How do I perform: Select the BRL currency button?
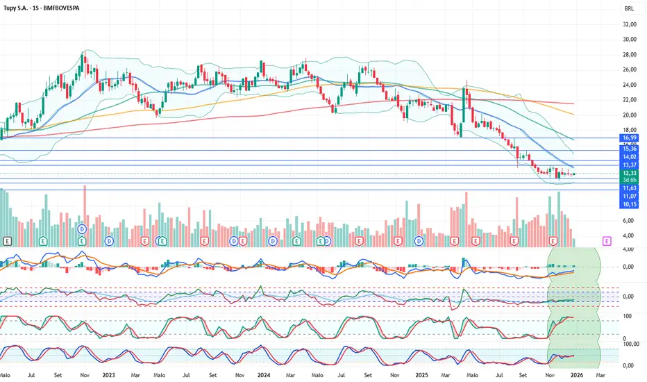pyautogui.click(x=629, y=9)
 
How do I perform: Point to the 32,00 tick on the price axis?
pyautogui.click(x=630, y=24)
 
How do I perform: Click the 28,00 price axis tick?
pyautogui.click(x=630, y=54)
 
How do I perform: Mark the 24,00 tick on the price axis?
pyautogui.click(x=630, y=85)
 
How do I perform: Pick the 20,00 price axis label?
pyautogui.click(x=630, y=115)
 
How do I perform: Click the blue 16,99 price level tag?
pyautogui.click(x=630, y=138)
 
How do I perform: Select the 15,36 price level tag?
pyautogui.click(x=630, y=149)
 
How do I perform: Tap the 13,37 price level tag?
pyautogui.click(x=630, y=165)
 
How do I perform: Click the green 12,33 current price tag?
pyautogui.click(x=630, y=173)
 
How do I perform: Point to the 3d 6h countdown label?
pyautogui.click(x=630, y=180)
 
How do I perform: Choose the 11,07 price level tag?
pyautogui.click(x=630, y=197)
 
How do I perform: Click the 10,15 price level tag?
pyautogui.click(x=630, y=205)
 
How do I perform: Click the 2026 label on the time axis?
pyautogui.click(x=576, y=374)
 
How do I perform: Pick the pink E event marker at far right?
pyautogui.click(x=607, y=240)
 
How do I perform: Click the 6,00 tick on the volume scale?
pyautogui.click(x=628, y=221)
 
